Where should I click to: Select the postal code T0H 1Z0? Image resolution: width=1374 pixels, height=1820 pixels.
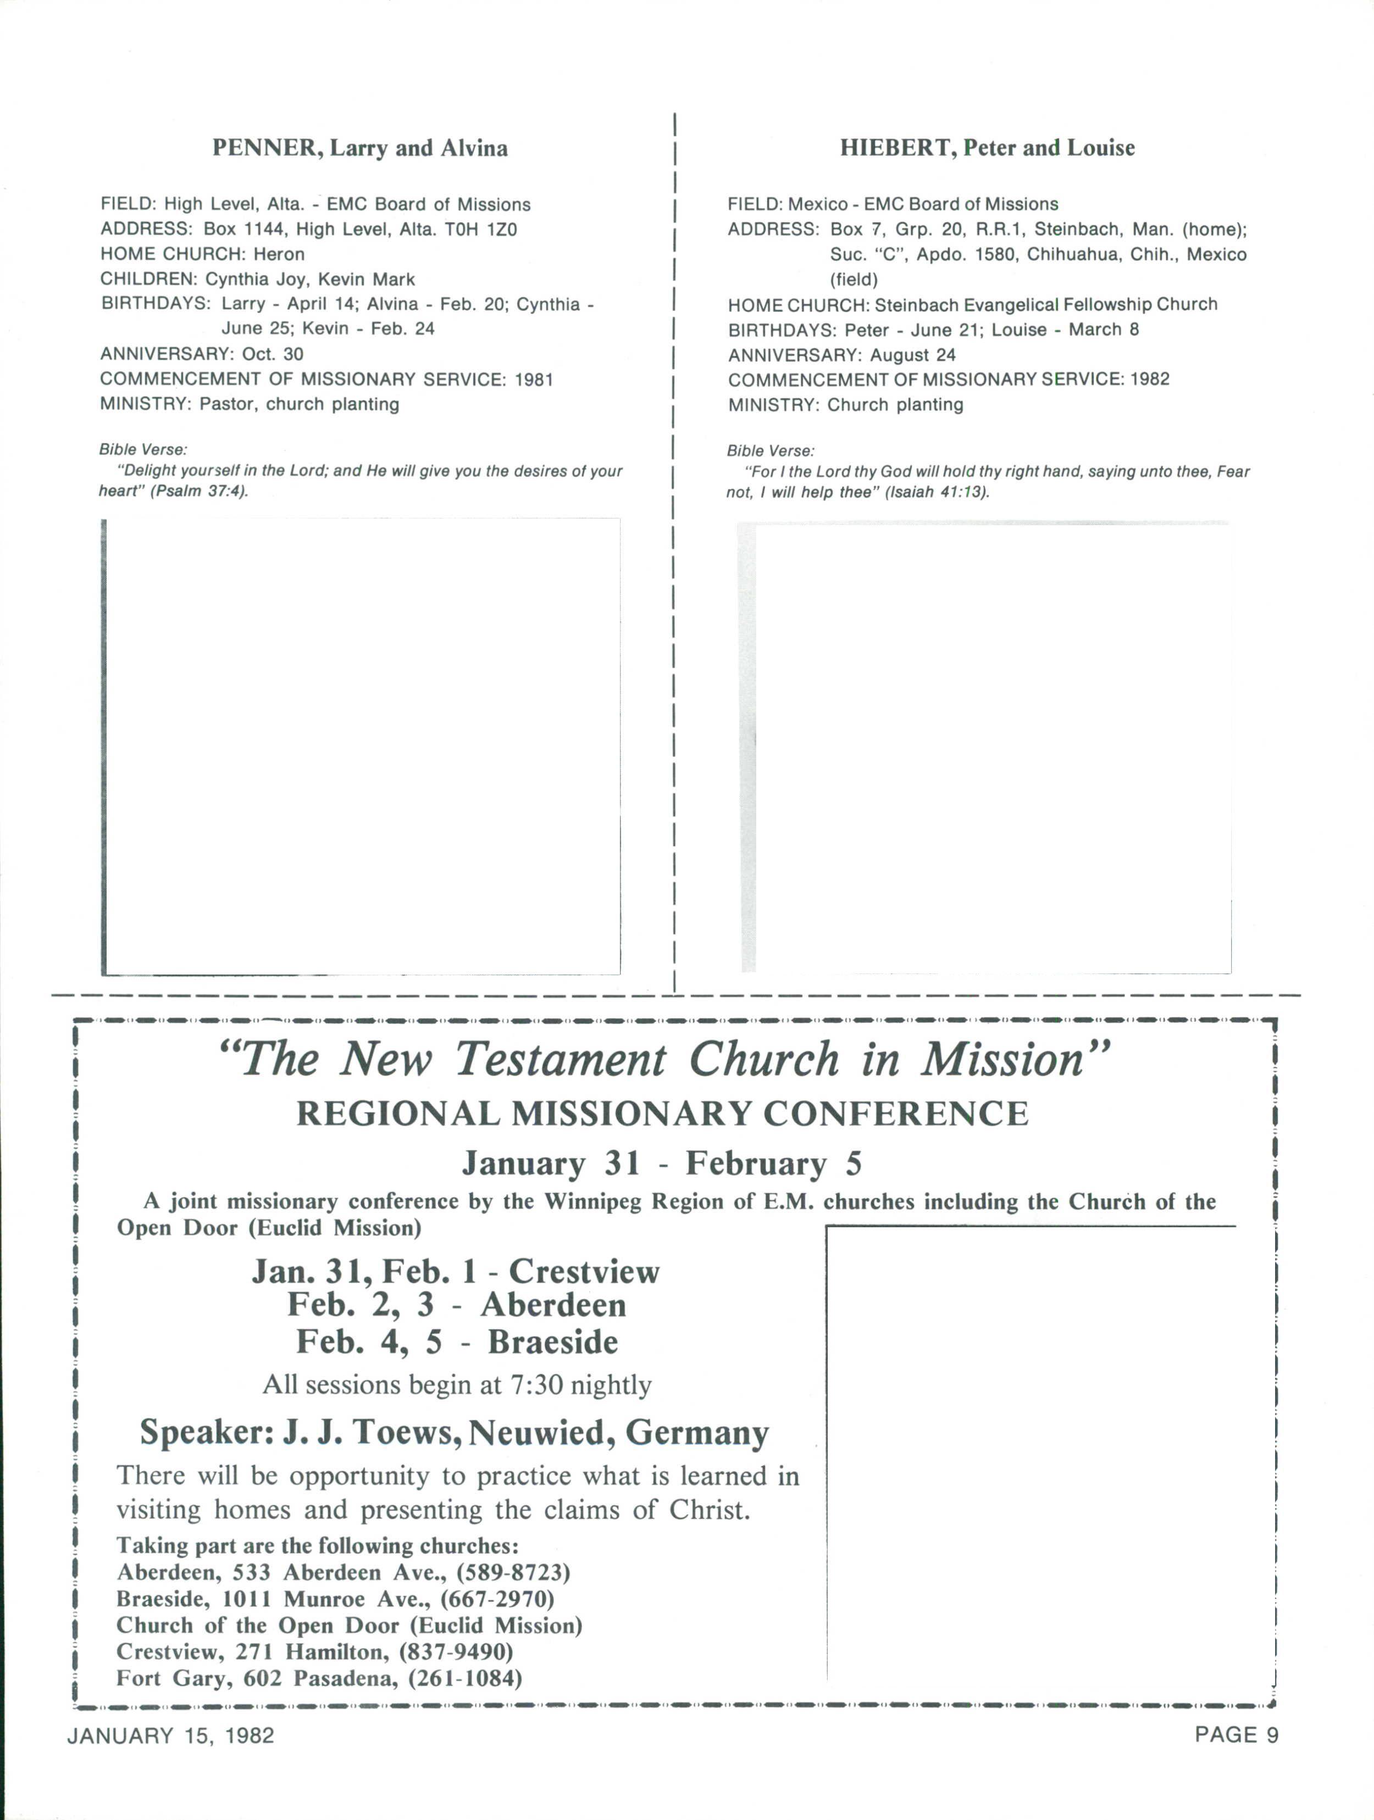(x=481, y=230)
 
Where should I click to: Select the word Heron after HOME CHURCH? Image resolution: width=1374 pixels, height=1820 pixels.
(x=279, y=254)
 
